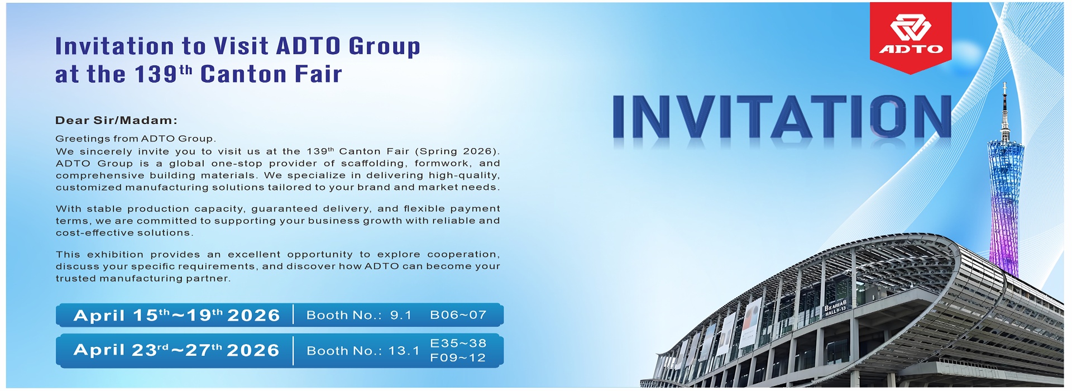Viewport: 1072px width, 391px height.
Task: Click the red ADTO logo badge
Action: [x=911, y=37]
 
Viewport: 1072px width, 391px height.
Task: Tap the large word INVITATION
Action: [x=782, y=117]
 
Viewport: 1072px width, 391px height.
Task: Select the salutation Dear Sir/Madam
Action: [x=116, y=120]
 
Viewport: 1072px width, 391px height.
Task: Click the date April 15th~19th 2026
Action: [x=176, y=315]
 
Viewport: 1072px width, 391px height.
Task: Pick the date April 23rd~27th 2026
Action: [x=176, y=350]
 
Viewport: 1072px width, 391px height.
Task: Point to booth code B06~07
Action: [x=458, y=315]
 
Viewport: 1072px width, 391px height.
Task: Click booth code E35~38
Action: [x=458, y=343]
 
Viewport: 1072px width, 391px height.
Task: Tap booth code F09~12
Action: [x=458, y=357]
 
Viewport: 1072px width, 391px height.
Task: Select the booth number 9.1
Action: [x=400, y=315]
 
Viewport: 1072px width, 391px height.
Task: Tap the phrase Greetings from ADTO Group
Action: [x=136, y=139]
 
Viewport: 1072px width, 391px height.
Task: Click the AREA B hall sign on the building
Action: [x=835, y=308]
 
